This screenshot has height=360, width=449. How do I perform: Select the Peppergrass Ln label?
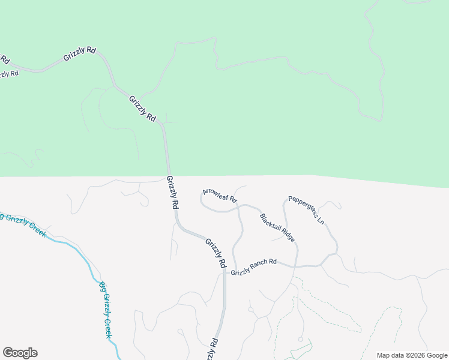pos(306,210)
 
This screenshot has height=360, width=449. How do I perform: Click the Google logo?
pos(20,353)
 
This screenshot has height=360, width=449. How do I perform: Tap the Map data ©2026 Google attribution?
pos(412,355)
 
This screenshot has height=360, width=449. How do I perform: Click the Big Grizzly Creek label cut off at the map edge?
pos(23,224)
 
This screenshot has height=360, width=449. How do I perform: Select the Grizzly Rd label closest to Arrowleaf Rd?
pos(172,192)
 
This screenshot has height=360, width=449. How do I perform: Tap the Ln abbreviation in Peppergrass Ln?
pos(321,221)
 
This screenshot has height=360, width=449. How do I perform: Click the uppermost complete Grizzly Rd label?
pos(80,55)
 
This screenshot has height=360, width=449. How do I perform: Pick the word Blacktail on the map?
pos(270,222)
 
